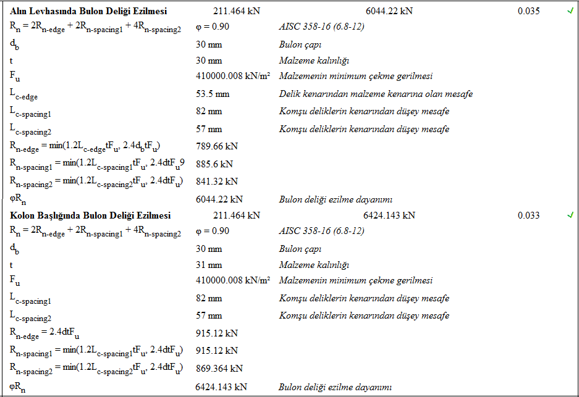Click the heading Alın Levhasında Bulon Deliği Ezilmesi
point(88,11)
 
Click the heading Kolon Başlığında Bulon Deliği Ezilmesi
point(90,215)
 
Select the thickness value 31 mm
point(209,265)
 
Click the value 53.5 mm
point(213,94)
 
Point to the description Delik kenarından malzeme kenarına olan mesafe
point(376,94)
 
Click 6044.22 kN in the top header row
point(389,11)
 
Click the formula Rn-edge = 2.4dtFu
point(44,334)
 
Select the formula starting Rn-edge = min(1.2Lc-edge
point(85,147)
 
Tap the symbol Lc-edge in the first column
point(27,94)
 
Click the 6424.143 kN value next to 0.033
point(389,215)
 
